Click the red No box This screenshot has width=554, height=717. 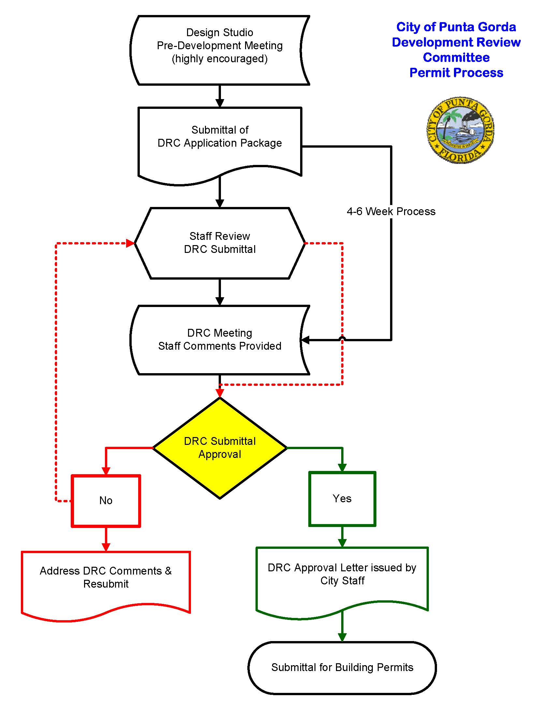tap(106, 501)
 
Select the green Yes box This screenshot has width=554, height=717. tap(342, 499)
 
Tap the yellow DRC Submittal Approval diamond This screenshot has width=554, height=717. tap(220, 448)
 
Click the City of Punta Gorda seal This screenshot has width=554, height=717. tap(460, 130)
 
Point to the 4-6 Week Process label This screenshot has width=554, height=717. tap(391, 212)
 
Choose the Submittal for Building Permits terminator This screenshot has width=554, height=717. tap(342, 667)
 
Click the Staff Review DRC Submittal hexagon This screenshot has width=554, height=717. tap(220, 243)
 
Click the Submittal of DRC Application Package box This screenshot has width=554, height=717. tap(220, 141)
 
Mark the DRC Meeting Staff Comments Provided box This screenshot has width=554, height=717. tap(220, 340)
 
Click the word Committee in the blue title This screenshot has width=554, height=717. tap(456, 57)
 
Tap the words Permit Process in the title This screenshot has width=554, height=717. tap(456, 73)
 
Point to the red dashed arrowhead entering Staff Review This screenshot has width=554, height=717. tap(130, 243)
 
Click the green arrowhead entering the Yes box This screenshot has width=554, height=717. tap(342, 467)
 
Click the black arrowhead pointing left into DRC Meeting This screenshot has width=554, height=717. tap(305, 340)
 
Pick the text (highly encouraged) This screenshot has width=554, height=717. tap(220, 59)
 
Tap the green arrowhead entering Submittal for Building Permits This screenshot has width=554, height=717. tap(342, 637)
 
